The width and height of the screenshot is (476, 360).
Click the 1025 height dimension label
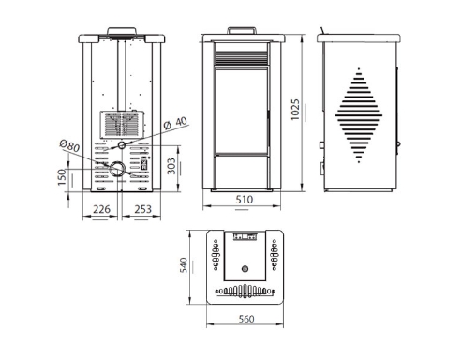pos(295,110)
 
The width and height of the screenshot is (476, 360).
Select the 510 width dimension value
pos(244,200)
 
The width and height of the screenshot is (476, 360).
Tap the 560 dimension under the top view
pos(246,319)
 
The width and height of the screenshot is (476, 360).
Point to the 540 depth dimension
pos(184,265)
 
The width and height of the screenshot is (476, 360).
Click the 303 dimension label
pos(171,166)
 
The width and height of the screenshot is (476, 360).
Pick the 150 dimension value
pos(62,177)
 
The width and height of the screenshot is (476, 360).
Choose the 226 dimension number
pos(101,209)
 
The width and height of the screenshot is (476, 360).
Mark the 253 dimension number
pos(142,209)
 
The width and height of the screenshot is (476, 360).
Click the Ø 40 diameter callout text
pos(175,123)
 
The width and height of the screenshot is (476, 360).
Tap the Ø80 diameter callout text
pos(69,145)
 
